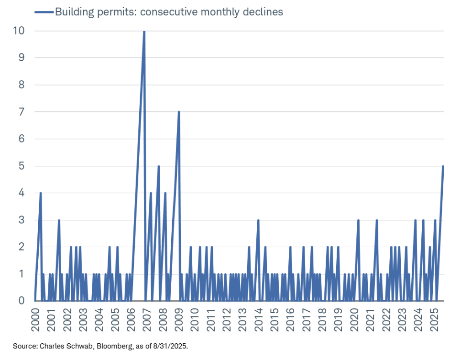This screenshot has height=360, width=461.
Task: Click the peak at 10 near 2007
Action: [x=144, y=32]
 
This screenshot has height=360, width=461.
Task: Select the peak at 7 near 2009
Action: [x=178, y=112]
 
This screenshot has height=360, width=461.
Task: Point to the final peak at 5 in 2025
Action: [x=443, y=166]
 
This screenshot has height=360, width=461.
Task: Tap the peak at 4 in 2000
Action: [x=41, y=193]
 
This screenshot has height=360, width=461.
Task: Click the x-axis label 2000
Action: [x=35, y=318]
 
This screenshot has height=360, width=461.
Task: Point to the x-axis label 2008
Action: [x=163, y=318]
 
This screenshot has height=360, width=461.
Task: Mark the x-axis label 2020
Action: [x=355, y=318]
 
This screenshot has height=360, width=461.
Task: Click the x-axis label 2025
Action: [x=435, y=318]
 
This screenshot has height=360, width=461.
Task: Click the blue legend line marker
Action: [x=44, y=12]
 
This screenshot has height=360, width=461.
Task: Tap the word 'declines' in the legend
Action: [x=263, y=12]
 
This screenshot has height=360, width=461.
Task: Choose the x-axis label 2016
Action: [x=291, y=318]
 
